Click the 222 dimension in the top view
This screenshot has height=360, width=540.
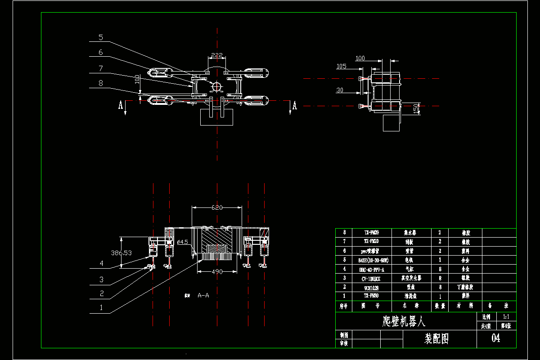point(217,55)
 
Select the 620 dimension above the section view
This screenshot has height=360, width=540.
point(217,207)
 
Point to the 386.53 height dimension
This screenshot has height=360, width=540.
point(121,253)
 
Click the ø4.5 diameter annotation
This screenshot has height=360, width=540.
point(182,242)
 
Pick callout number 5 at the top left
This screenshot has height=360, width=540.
point(101,37)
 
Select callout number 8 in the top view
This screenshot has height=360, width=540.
point(101,83)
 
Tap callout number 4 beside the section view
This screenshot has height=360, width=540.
point(102,264)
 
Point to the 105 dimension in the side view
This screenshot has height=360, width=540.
point(341,67)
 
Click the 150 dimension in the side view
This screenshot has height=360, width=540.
point(416,108)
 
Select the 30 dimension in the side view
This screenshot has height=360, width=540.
point(340,90)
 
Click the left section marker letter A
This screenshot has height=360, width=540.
point(121,105)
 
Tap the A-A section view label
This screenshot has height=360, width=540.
point(203,295)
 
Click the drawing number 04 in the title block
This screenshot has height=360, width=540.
point(496,338)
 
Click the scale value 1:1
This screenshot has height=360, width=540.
point(506,317)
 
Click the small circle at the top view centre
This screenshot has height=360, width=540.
point(216,86)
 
